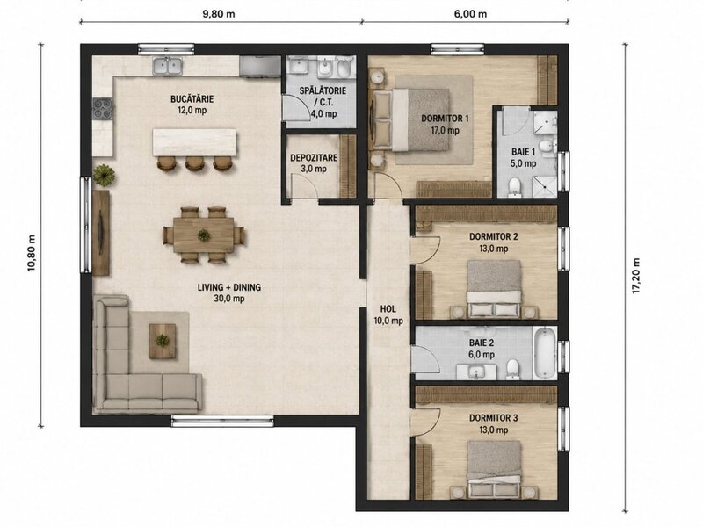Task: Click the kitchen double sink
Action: click(x=167, y=66)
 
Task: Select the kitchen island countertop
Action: click(x=194, y=142)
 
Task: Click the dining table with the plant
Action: click(x=204, y=235)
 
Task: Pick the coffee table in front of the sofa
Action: click(x=162, y=341)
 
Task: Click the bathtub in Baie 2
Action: click(x=545, y=353)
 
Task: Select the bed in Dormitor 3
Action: click(x=494, y=466)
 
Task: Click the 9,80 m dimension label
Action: click(x=219, y=14)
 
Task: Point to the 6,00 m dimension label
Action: click(x=470, y=14)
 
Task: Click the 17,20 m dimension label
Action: click(x=635, y=276)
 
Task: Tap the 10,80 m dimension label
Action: click(x=32, y=253)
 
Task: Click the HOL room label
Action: click(x=388, y=309)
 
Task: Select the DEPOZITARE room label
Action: click(x=314, y=158)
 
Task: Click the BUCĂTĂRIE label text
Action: click(x=192, y=98)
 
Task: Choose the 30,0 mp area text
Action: click(x=229, y=299)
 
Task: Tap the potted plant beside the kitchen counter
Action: click(x=104, y=174)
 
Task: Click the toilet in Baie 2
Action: click(x=512, y=369)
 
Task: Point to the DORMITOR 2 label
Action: click(x=493, y=236)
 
